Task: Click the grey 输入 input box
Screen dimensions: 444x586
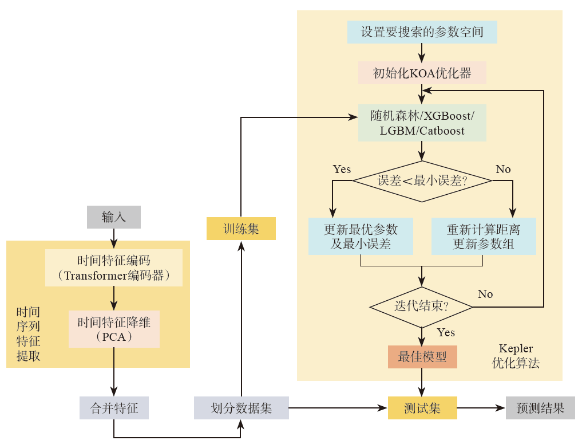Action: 114,217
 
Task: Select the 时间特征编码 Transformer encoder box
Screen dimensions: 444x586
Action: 114,268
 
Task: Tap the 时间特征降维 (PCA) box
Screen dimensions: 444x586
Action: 114,329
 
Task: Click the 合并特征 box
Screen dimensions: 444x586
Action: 114,408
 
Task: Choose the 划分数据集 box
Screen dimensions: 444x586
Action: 241,408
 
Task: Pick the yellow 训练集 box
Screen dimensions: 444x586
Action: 241,229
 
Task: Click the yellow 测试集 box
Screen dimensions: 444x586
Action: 422,408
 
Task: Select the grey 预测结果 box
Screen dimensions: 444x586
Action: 540,408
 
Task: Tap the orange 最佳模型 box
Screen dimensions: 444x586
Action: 422,356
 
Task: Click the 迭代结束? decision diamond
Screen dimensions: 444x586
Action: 422,307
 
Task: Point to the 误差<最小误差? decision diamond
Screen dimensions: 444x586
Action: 422,181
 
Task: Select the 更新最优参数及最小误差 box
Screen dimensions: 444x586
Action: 361,237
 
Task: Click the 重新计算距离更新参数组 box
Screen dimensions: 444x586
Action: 484,237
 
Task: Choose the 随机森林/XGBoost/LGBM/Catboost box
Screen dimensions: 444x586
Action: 422,123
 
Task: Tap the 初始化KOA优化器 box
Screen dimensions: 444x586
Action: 422,73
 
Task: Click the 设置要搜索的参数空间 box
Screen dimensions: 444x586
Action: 422,32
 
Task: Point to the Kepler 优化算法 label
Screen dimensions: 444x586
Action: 516,356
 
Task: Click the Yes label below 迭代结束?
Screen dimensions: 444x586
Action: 446,333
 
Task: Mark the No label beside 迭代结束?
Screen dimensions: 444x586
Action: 485,294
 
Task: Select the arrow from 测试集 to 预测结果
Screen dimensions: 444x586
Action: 481,408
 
